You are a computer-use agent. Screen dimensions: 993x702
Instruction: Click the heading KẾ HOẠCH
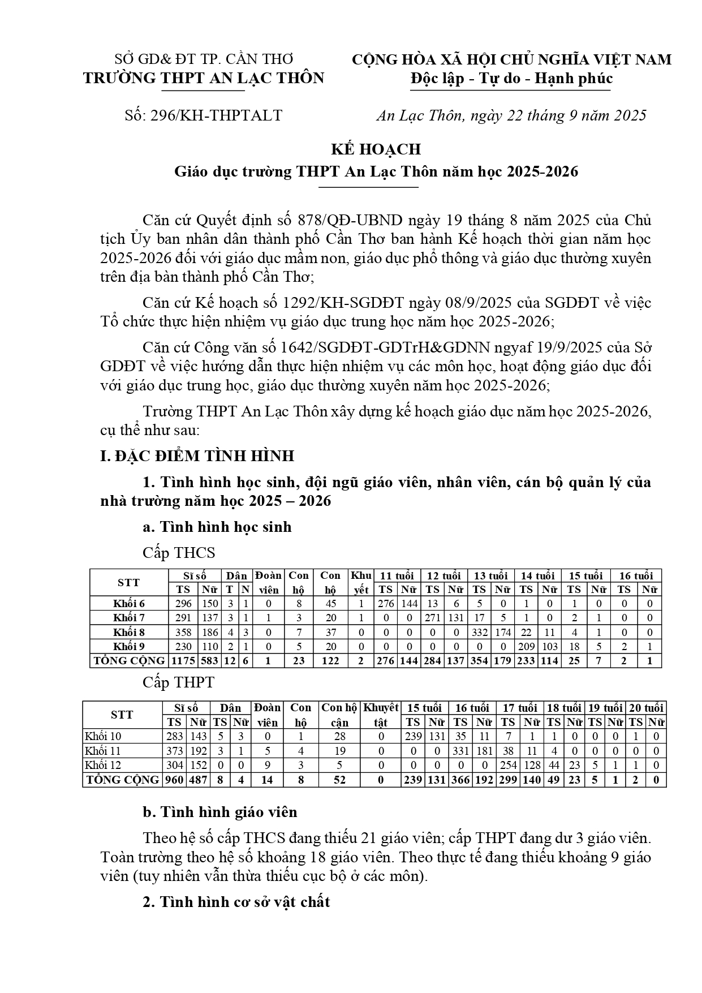376,149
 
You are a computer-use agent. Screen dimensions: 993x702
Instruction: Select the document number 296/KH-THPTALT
214,116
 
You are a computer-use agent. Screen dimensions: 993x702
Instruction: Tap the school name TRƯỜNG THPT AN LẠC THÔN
204,78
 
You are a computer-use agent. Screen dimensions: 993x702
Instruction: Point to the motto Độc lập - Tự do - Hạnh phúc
511,78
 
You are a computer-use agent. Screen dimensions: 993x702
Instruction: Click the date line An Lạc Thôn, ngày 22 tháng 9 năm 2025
511,116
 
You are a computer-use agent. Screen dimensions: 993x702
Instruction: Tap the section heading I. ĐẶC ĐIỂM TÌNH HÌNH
197,456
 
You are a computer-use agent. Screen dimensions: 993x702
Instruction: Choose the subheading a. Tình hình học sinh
217,527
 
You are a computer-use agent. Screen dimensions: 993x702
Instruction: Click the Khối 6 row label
129,604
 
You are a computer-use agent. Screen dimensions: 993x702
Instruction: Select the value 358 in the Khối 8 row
183,633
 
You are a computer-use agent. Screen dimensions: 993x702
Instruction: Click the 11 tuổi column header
397,576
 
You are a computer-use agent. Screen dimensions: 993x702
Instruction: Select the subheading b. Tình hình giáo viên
220,813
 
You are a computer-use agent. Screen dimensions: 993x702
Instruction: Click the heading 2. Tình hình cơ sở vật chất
236,902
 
